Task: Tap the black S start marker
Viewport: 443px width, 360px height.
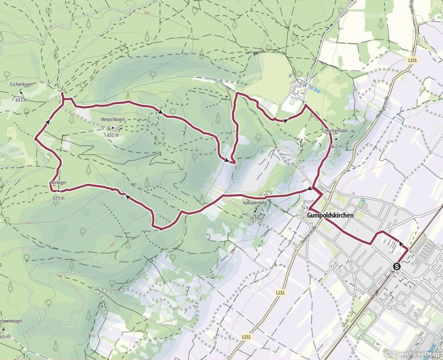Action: [x=396, y=266]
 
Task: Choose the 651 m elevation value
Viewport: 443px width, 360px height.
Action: [x=113, y=135]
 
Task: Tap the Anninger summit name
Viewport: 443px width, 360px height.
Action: [x=58, y=183]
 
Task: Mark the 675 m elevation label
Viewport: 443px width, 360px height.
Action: [x=59, y=198]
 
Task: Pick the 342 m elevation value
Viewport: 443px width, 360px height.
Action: [x=336, y=147]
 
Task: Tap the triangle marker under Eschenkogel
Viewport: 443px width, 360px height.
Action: [x=21, y=93]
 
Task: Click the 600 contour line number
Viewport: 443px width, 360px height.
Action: [x=28, y=223]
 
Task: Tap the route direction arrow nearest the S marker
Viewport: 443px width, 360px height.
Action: [x=400, y=243]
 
